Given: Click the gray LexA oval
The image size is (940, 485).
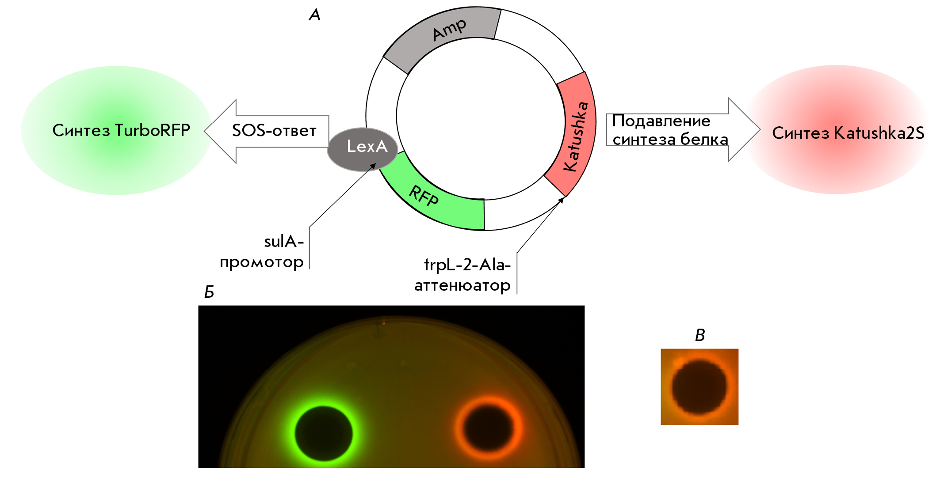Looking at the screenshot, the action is coord(363,149).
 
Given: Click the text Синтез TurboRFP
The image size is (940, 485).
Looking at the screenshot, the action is coord(121,130).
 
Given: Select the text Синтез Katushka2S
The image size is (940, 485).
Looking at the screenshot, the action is coord(848,133).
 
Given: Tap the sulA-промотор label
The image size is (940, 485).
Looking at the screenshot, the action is coord(262,252).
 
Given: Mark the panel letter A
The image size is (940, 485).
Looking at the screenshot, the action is coord(314,15).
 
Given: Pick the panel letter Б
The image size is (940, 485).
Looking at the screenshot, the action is coord(209,292).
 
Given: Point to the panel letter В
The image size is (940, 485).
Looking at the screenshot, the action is coord(700,335).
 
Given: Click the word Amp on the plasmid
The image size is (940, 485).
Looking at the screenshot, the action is coord(450,30).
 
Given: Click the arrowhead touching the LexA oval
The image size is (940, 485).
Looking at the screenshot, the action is coord(374,166).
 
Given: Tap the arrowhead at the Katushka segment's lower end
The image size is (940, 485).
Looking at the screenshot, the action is coord(562,200).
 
